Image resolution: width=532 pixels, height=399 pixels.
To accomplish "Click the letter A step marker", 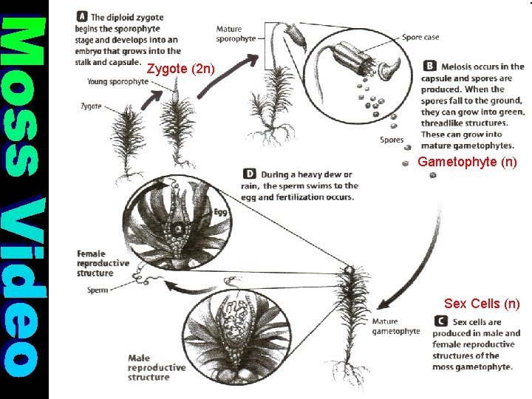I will (82, 16).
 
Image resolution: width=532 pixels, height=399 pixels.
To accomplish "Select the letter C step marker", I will (441, 321).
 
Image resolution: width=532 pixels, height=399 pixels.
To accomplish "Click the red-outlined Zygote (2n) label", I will (181, 69).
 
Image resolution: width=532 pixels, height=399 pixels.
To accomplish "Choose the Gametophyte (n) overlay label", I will (467, 161).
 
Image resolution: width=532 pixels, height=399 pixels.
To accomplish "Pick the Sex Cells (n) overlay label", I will (482, 304).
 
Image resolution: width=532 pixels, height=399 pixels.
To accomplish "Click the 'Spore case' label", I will (420, 37).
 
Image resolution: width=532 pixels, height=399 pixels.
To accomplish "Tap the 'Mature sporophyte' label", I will (236, 34).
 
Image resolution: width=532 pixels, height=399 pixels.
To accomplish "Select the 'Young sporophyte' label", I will (117, 82).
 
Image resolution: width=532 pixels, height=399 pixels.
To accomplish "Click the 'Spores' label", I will (391, 140).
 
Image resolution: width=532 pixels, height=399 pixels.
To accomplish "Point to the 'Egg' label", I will (220, 212).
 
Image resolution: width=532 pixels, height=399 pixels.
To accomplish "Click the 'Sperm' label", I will (98, 290).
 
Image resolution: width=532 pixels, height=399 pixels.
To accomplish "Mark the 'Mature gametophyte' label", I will (395, 327).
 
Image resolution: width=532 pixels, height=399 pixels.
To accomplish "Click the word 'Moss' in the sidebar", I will (24, 92).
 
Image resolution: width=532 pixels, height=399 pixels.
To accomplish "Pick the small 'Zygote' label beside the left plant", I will (91, 106).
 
